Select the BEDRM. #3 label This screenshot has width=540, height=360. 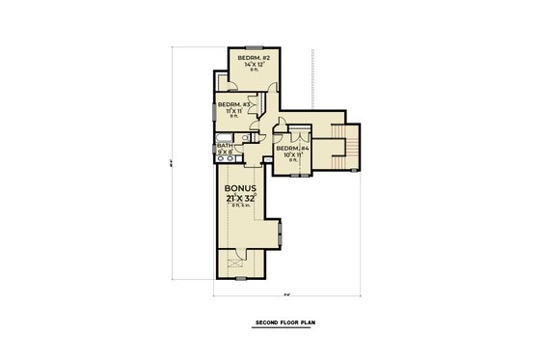[x=234, y=104]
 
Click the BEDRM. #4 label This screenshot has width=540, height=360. [x=293, y=148]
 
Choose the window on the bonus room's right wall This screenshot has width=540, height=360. [x=281, y=233]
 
